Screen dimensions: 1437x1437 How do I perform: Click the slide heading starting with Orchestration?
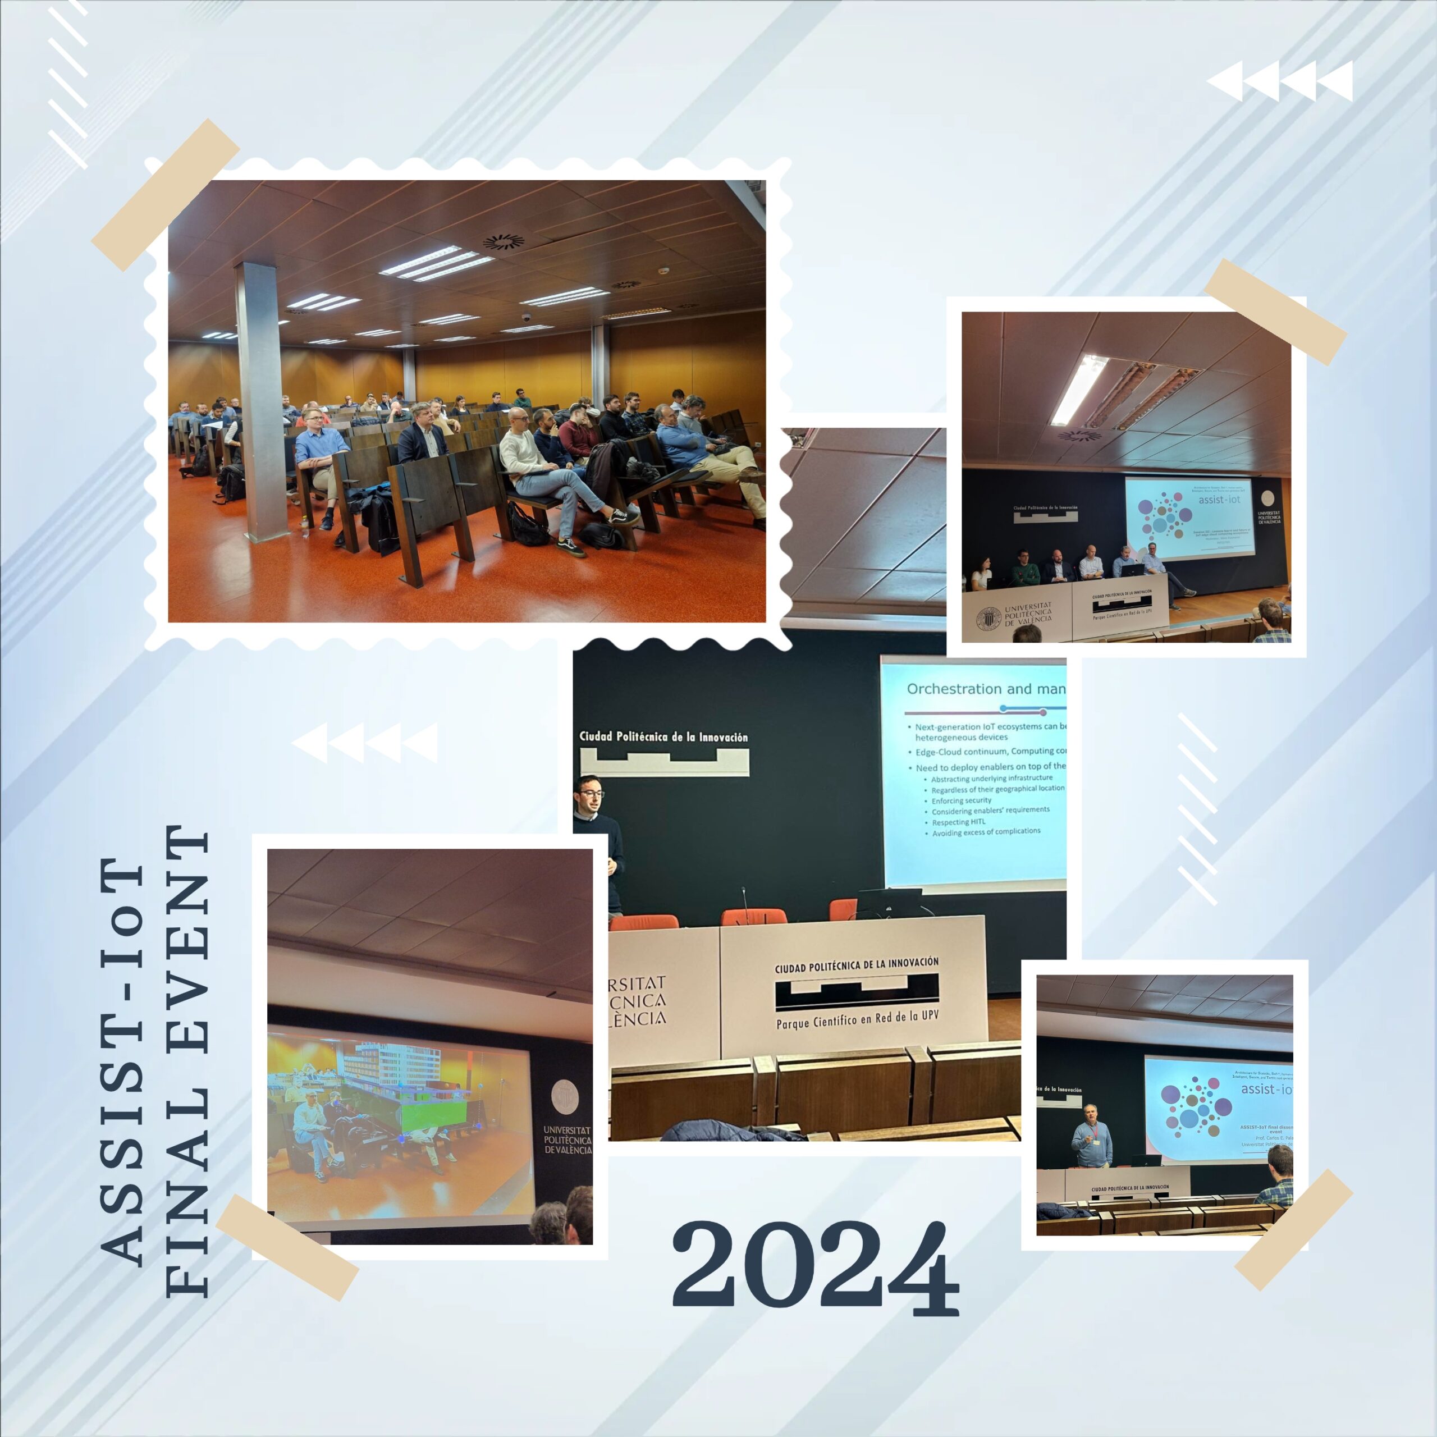[x=986, y=689]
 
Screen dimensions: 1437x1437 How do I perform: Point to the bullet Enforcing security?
[x=961, y=800]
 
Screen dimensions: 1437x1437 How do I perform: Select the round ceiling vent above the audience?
[x=504, y=242]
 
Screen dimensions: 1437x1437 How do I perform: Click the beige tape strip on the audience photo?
[x=165, y=195]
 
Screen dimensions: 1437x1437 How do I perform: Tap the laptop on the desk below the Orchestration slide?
[x=888, y=902]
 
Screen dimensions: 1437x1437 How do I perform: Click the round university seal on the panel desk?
[x=988, y=619]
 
